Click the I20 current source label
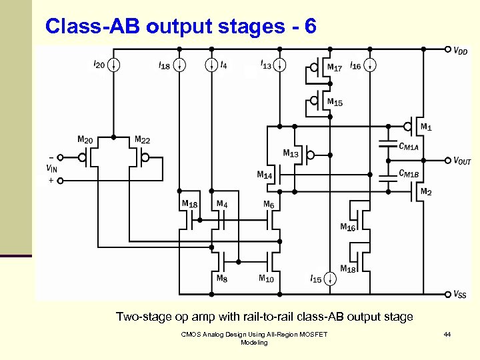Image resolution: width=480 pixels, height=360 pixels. click(x=98, y=65)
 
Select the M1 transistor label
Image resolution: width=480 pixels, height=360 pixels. click(x=425, y=126)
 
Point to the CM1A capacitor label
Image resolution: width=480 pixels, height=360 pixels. click(x=409, y=146)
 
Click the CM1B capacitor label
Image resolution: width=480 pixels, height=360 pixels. click(x=409, y=173)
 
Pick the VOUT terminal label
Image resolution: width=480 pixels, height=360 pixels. click(x=462, y=161)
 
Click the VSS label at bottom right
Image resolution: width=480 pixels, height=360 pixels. click(x=459, y=294)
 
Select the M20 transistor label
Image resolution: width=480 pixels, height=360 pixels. click(x=85, y=139)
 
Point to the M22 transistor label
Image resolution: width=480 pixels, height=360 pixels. click(x=142, y=139)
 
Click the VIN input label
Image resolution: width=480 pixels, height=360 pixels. click(x=51, y=169)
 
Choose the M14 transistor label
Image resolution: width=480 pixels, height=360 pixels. click(x=265, y=175)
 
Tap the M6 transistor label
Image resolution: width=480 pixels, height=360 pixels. click(x=268, y=204)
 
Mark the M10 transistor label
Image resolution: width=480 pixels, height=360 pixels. click(x=265, y=279)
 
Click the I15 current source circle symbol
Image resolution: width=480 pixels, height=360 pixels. click(x=331, y=279)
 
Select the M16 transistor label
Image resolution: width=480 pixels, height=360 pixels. click(x=347, y=227)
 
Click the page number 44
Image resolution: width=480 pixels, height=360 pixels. click(x=447, y=333)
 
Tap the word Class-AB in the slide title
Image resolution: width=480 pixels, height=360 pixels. click(x=93, y=26)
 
